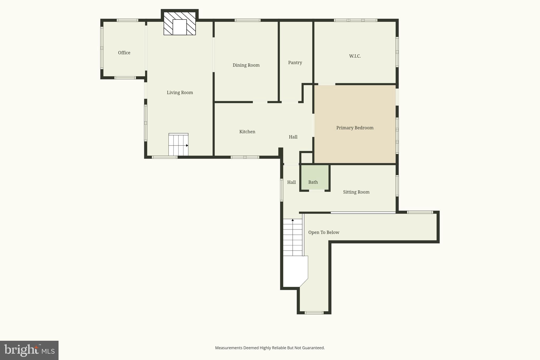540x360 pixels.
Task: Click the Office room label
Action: pyautogui.click(x=124, y=53)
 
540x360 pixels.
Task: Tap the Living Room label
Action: pyautogui.click(x=180, y=93)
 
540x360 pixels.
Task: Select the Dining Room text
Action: pyautogui.click(x=246, y=65)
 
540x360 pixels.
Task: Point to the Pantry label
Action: pyautogui.click(x=295, y=63)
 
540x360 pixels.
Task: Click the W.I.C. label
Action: pyautogui.click(x=355, y=56)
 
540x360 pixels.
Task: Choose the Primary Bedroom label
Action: pyautogui.click(x=355, y=128)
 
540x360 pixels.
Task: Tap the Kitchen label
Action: pyautogui.click(x=247, y=132)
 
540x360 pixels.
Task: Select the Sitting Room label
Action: pyautogui.click(x=356, y=192)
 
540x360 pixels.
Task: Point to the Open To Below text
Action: pyautogui.click(x=324, y=232)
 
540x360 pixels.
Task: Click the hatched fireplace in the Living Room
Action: pyautogui.click(x=180, y=24)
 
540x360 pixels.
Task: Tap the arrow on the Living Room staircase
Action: pyautogui.click(x=187, y=145)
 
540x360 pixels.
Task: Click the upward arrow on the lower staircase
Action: pyautogui.click(x=292, y=220)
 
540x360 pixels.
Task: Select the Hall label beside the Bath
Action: pyautogui.click(x=291, y=182)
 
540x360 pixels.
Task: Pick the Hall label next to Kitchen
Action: pyautogui.click(x=293, y=137)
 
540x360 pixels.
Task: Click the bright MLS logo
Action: pyautogui.click(x=29, y=350)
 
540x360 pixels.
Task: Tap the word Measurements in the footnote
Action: pyautogui.click(x=228, y=348)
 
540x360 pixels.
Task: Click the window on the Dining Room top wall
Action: pyautogui.click(x=248, y=20)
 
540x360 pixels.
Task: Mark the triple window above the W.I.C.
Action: pyautogui.click(x=355, y=20)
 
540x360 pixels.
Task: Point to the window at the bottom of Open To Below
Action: pyautogui.click(x=314, y=313)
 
